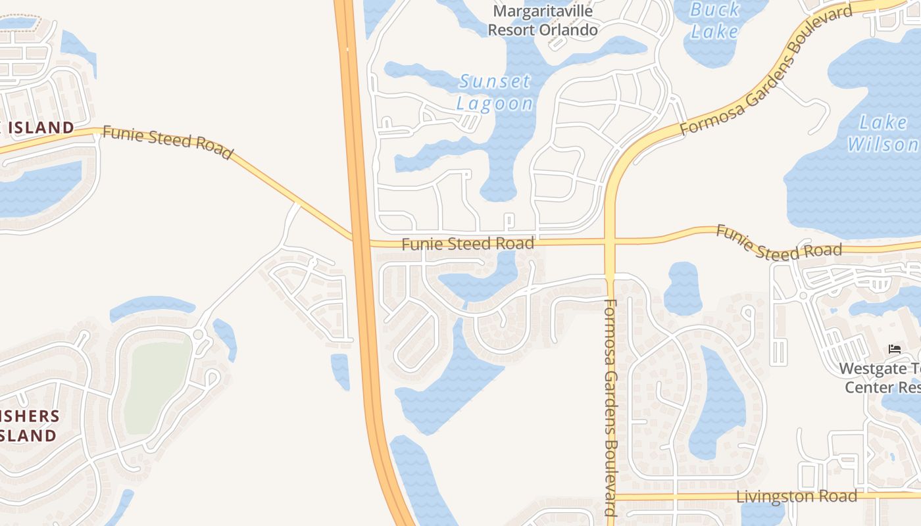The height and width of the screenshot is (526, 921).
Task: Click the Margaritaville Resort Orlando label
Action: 543,20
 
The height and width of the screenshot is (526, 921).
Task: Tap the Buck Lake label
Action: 715,20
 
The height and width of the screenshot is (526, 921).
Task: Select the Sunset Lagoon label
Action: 495,92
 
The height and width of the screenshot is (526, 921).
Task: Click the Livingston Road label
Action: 796,496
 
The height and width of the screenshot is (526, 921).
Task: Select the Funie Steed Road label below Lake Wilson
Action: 778,243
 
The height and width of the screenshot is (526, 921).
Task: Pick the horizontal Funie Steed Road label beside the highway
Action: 468,244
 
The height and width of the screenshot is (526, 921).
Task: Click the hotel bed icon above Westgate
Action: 894,348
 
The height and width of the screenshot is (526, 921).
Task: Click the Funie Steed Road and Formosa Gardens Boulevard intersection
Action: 610,242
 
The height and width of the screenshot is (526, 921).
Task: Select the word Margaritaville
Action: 543,11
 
